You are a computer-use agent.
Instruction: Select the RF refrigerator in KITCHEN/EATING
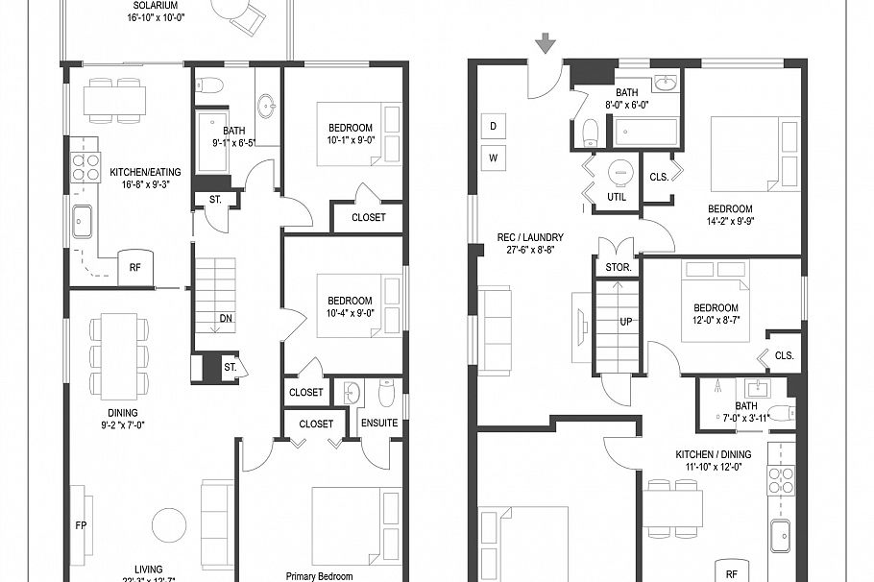[135, 269]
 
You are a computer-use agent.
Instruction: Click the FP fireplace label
[81, 525]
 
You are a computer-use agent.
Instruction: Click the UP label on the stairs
[625, 323]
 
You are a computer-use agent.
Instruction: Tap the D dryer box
[493, 126]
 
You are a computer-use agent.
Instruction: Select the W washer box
[493, 157]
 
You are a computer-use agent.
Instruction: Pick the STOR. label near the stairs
[618, 267]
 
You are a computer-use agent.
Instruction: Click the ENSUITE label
[379, 424]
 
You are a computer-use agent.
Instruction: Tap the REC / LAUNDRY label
[529, 237]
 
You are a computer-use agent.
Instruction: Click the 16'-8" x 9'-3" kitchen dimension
[145, 186]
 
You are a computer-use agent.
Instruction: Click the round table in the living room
[170, 524]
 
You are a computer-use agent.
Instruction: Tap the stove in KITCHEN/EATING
[85, 167]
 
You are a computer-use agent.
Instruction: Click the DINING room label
[122, 413]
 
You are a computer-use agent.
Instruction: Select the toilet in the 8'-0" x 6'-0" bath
[592, 131]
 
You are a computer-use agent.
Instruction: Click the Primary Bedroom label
[322, 576]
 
